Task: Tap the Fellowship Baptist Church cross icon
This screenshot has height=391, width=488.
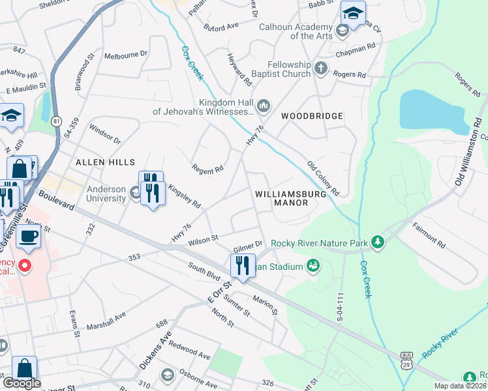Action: tap(320, 68)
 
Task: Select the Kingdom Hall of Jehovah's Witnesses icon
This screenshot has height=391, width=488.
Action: tap(264, 105)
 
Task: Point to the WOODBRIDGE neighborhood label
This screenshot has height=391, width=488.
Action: tap(312, 116)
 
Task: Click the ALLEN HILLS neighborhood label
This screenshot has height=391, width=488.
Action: tap(105, 162)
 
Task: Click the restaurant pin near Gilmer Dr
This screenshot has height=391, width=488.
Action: tap(241, 265)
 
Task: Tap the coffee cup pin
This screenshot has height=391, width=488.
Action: tap(29, 236)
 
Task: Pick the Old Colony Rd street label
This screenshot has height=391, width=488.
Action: tap(324, 179)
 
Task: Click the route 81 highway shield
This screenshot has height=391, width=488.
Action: tap(57, 121)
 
